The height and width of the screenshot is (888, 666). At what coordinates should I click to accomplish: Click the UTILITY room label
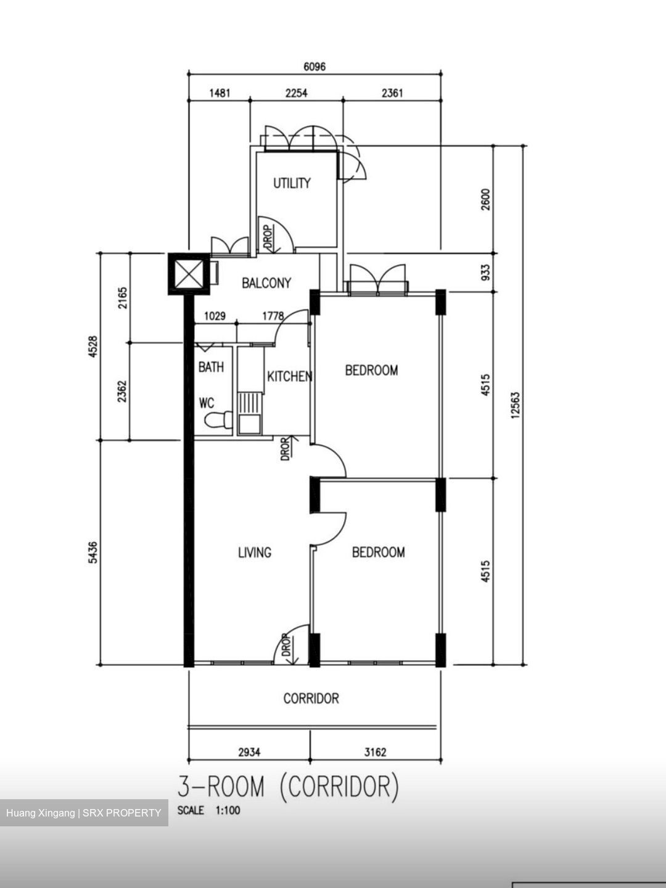(292, 183)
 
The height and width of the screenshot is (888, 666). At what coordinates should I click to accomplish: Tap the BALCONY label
(266, 283)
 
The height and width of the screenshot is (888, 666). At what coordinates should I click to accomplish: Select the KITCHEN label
(289, 376)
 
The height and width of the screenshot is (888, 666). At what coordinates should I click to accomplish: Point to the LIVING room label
(255, 553)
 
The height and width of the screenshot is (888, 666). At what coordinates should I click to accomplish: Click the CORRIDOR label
(311, 699)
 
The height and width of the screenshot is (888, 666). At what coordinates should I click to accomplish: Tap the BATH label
(211, 368)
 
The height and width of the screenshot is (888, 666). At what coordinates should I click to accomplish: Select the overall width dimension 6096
(314, 67)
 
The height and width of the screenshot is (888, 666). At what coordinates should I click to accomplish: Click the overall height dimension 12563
(516, 405)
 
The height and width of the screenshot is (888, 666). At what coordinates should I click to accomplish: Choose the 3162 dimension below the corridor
(375, 752)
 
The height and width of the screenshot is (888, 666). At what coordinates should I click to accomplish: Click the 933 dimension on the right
(485, 271)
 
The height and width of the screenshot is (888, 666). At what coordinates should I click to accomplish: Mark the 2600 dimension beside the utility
(485, 199)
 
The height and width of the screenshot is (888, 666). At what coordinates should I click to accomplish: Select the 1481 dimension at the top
(220, 93)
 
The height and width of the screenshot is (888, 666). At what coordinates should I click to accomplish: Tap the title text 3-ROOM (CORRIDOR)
(289, 787)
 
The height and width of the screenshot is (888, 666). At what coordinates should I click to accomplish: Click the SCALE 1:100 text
(208, 811)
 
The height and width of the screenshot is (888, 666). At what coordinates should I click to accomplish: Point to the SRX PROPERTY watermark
(84, 813)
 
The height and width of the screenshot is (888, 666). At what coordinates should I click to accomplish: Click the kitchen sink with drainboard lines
(250, 413)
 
